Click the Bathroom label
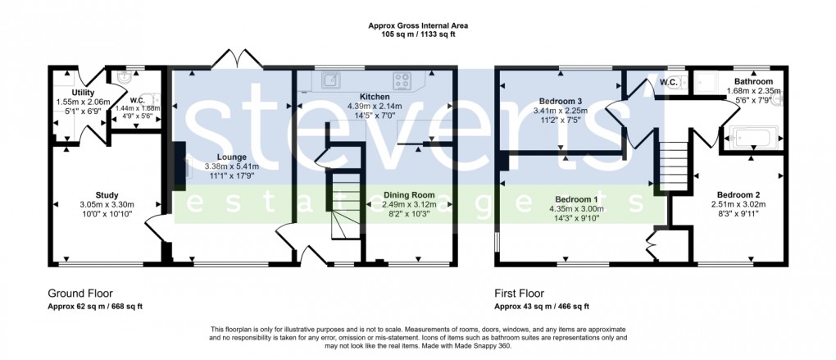point(753,82)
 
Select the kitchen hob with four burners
point(403,80)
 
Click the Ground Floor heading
point(80,293)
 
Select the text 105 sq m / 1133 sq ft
point(417,34)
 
